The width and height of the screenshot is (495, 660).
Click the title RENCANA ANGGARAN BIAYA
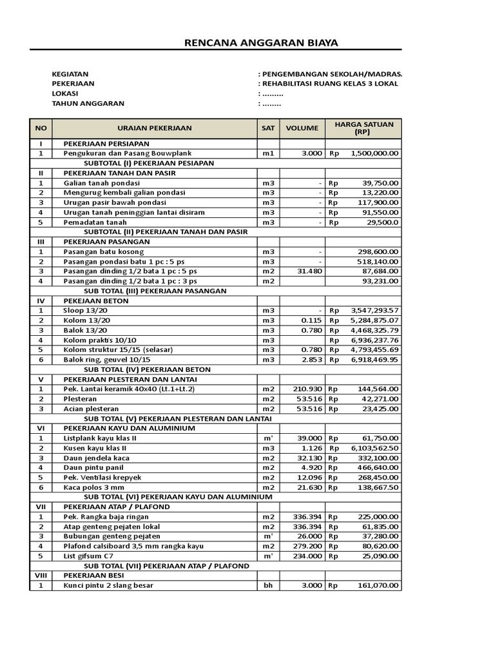point(261,43)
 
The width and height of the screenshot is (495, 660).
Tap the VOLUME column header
point(302,128)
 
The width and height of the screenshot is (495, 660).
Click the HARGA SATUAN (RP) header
point(364,128)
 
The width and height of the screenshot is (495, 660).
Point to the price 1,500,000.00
point(374,153)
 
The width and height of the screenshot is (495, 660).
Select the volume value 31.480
point(307,271)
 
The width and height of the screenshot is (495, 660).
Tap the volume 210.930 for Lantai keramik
point(306,389)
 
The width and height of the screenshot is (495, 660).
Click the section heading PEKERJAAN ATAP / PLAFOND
point(117,507)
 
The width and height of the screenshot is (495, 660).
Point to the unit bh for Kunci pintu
point(267,585)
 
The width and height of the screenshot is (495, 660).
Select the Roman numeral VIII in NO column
point(41,576)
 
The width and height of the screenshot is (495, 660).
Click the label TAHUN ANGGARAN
point(88,103)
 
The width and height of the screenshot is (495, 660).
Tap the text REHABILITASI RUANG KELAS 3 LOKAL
point(330,84)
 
